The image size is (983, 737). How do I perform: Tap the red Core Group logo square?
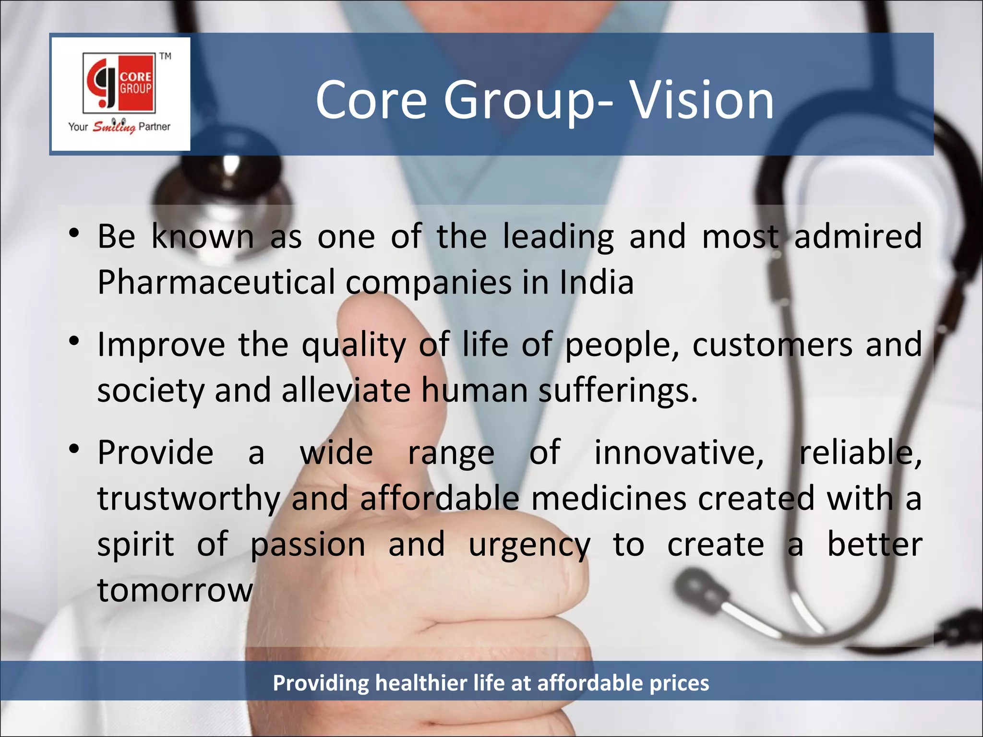tap(120, 83)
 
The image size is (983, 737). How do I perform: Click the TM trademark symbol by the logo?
tap(166, 56)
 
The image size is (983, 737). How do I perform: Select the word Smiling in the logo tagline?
tap(114, 127)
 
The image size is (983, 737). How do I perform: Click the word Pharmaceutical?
tap(216, 282)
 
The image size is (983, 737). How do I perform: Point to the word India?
tap(597, 282)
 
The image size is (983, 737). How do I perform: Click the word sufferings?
tap(618, 391)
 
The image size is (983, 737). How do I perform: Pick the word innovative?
tap(679, 452)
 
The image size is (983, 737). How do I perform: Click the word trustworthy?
tap(189, 499)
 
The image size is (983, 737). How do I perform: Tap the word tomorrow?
tap(175, 590)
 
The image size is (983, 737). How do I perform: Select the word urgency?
tap(529, 546)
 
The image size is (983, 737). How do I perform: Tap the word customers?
tap(772, 345)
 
